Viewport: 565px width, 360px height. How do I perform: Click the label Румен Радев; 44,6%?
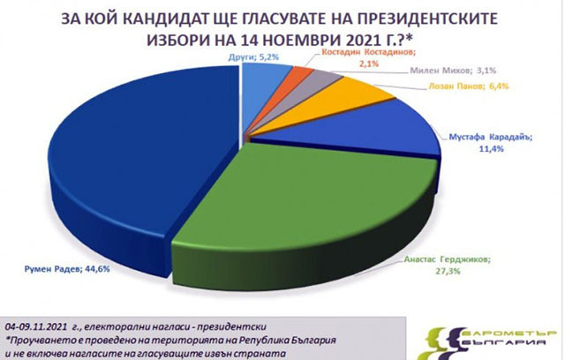click(x=67, y=268)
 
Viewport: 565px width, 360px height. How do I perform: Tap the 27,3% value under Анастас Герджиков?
click(x=448, y=271)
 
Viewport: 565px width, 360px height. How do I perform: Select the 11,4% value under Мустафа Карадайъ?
click(x=491, y=148)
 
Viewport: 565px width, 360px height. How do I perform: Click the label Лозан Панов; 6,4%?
click(x=469, y=86)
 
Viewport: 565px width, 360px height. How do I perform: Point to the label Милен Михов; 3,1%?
click(x=453, y=71)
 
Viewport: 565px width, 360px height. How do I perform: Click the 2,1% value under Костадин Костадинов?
click(x=368, y=64)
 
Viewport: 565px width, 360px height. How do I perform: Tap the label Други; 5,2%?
click(x=253, y=56)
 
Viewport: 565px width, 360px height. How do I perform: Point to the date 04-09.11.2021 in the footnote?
click(x=36, y=326)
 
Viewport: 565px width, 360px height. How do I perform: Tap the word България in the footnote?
click(x=312, y=340)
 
